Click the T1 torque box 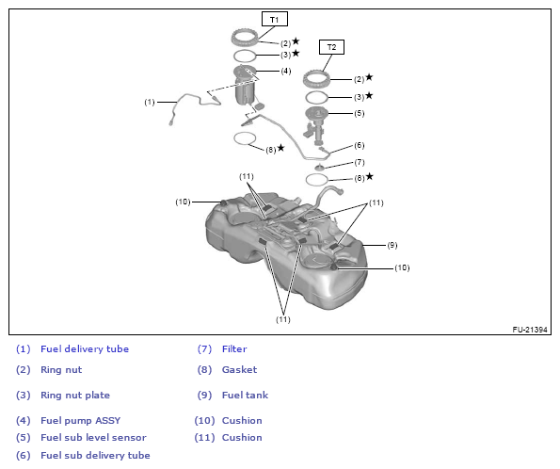pyautogui.click(x=274, y=19)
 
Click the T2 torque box pyautogui.click(x=331, y=47)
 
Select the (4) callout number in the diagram pyautogui.click(x=286, y=71)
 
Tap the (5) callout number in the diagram pyautogui.click(x=359, y=113)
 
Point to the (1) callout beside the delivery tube pyautogui.click(x=150, y=103)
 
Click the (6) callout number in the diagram pyautogui.click(x=359, y=145)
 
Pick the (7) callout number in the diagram pyautogui.click(x=359, y=162)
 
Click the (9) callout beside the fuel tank pyautogui.click(x=392, y=245)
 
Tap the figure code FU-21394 pyautogui.click(x=530, y=330)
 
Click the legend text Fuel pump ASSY pyautogui.click(x=80, y=420)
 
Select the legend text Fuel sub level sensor pyautogui.click(x=93, y=438)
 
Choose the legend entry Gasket pyautogui.click(x=239, y=369)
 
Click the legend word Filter pyautogui.click(x=234, y=348)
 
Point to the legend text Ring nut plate pyautogui.click(x=75, y=395)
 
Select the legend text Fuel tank pyautogui.click(x=245, y=395)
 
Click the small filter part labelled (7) pyautogui.click(x=319, y=167)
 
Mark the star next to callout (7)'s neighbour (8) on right pyautogui.click(x=369, y=176)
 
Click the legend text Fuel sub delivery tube pyautogui.click(x=95, y=456)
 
